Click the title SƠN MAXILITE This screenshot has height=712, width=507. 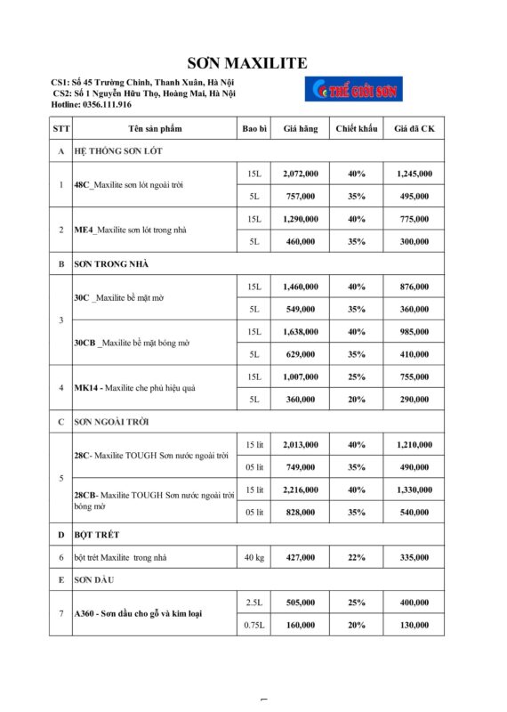tap(247, 62)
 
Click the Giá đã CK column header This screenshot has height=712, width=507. tap(414, 129)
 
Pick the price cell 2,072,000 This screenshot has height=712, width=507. tap(301, 174)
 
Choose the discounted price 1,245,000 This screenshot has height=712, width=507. tap(414, 174)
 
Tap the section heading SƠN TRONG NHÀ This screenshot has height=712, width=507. tap(111, 264)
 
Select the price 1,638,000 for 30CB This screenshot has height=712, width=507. tap(301, 332)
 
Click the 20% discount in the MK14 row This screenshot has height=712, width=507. tap(357, 400)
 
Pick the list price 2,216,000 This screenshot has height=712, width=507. tap(301, 490)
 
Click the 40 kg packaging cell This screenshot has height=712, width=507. tap(253, 558)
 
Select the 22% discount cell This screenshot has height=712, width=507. tap(357, 558)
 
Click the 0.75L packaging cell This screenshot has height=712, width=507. tap(253, 626)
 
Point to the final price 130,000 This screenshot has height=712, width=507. tap(414, 626)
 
